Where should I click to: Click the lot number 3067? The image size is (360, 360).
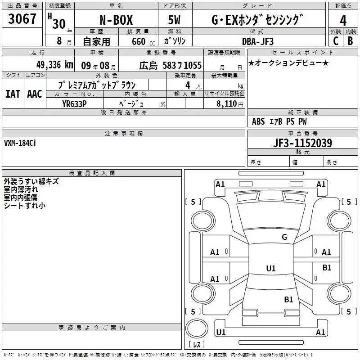pyautogui.click(x=22, y=18)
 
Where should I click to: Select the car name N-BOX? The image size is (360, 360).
pyautogui.click(x=116, y=20)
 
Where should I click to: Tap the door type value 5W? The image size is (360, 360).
pyautogui.click(x=175, y=20)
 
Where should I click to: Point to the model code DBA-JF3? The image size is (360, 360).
pyautogui.click(x=258, y=41)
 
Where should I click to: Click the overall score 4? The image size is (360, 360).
pyautogui.click(x=343, y=21)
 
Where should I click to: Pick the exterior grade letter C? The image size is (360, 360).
pyautogui.click(x=336, y=41)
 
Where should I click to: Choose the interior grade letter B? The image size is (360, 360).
pyautogui.click(x=350, y=41)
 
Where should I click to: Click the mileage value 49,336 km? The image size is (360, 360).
pyautogui.click(x=55, y=65)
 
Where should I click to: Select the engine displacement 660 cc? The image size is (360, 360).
pyautogui.click(x=143, y=41)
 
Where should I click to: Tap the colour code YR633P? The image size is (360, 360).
pyautogui.click(x=74, y=104)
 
